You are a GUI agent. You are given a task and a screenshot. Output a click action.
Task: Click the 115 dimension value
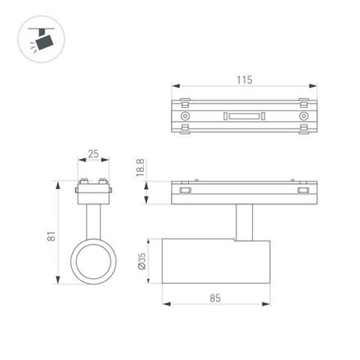[244, 79]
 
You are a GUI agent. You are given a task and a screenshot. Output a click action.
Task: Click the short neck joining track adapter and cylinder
[243, 221]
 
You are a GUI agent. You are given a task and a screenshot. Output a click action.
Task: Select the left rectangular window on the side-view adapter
[185, 190]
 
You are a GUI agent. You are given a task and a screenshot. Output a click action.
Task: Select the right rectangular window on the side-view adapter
[304, 190]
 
